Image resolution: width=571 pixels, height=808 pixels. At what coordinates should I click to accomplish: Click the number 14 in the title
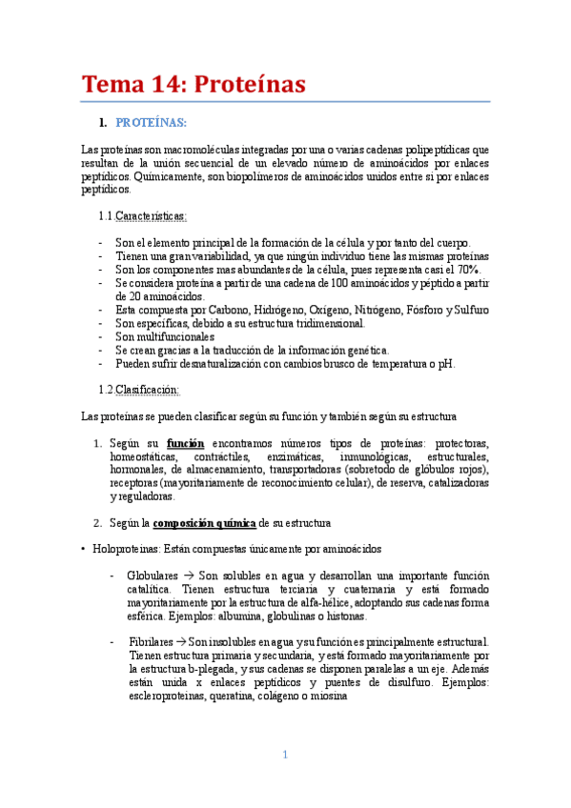pos(165,85)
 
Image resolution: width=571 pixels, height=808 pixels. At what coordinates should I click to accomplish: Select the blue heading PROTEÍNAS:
pos(151,123)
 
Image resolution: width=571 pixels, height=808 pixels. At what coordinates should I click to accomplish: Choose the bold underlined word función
pos(185,443)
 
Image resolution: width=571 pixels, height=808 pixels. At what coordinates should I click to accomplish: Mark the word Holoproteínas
pos(128,549)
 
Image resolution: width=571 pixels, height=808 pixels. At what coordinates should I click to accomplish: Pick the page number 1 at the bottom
pos(284,756)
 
